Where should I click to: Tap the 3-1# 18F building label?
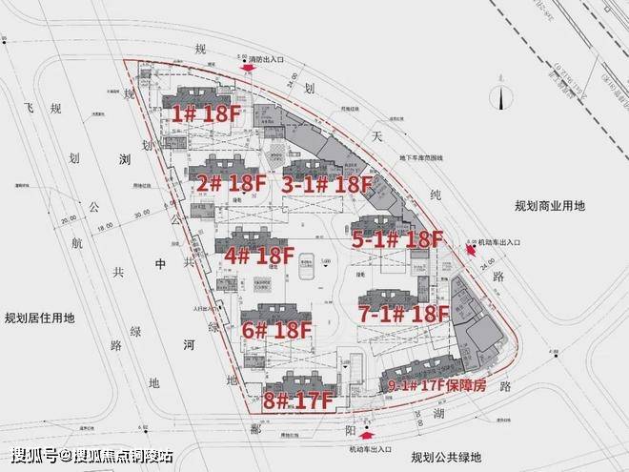(x=326, y=183)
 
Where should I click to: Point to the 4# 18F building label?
(x=258, y=256)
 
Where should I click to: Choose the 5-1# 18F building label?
(x=397, y=239)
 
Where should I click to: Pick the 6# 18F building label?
(x=277, y=331)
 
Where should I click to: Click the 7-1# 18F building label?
(x=403, y=312)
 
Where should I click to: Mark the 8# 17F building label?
(x=296, y=401)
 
